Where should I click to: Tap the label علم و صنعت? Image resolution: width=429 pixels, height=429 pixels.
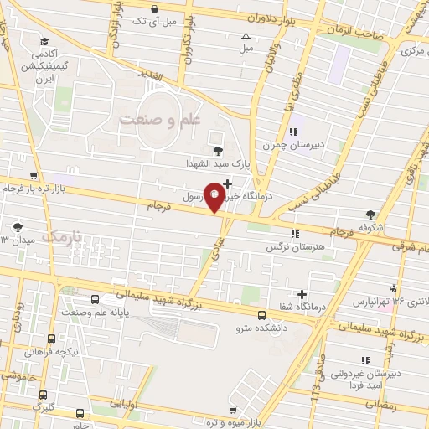click(162, 120)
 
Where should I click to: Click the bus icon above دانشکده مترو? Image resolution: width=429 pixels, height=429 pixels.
click(262, 316)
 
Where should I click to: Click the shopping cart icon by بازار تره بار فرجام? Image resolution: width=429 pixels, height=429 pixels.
click(33, 177)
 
